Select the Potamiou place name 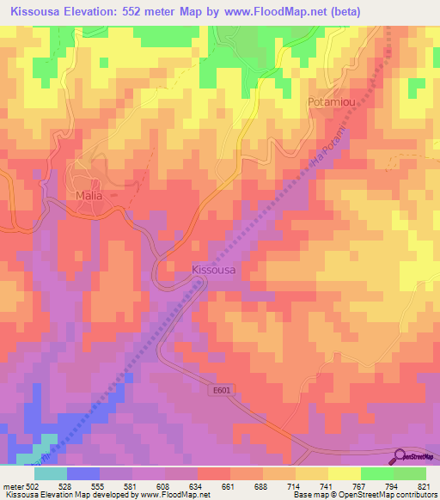coord(331,101)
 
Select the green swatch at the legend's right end coord(409,473)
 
